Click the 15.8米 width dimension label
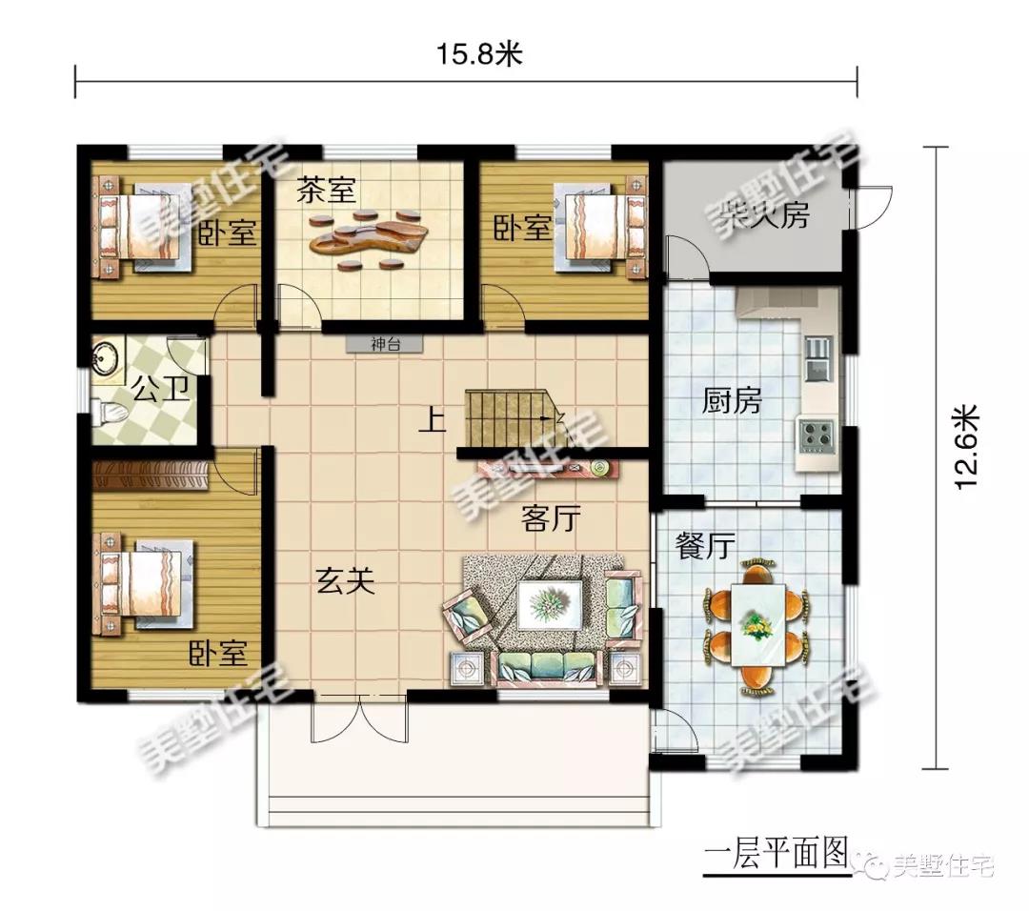[480, 54]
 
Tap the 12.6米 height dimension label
[965, 448]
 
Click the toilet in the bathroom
[111, 413]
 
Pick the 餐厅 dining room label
[705, 546]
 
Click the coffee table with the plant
[550, 604]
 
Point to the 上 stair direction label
[433, 420]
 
